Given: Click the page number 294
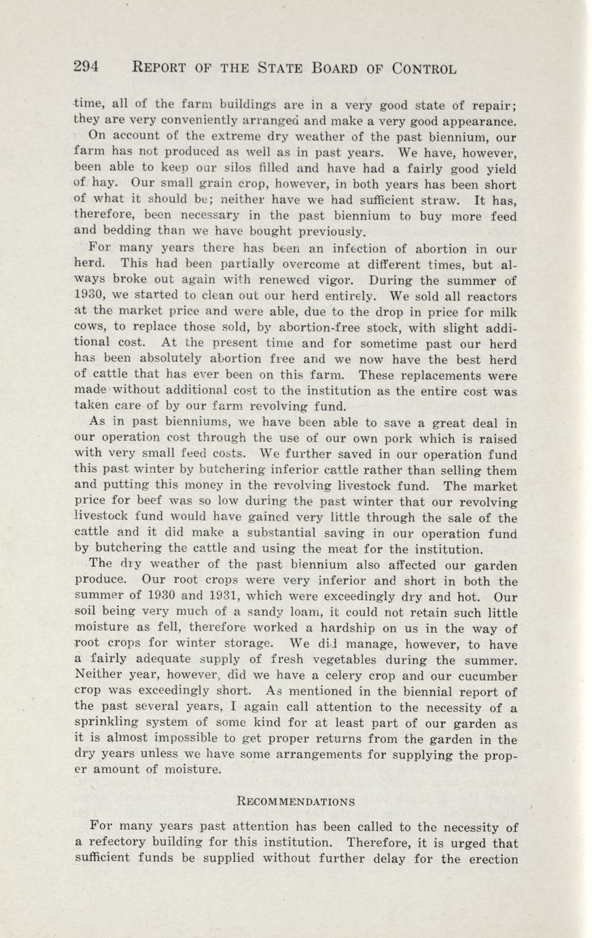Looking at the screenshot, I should (86, 66).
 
